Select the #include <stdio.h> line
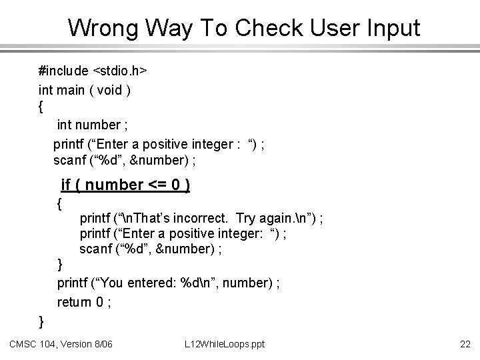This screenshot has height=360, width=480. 93,70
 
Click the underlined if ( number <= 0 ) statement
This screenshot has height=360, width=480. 125,184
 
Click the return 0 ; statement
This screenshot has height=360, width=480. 84,302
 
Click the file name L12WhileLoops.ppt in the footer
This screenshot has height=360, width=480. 225,344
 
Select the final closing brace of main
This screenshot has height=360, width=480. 42,321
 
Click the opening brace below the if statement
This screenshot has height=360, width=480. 60,202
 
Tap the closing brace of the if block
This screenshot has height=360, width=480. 60,265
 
